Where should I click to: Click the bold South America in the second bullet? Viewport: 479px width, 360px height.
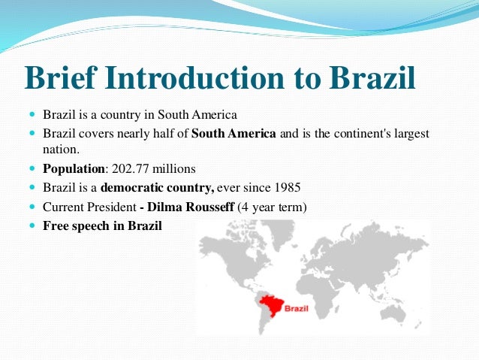[x=235, y=134]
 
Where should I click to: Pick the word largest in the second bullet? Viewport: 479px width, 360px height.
[x=411, y=134]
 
